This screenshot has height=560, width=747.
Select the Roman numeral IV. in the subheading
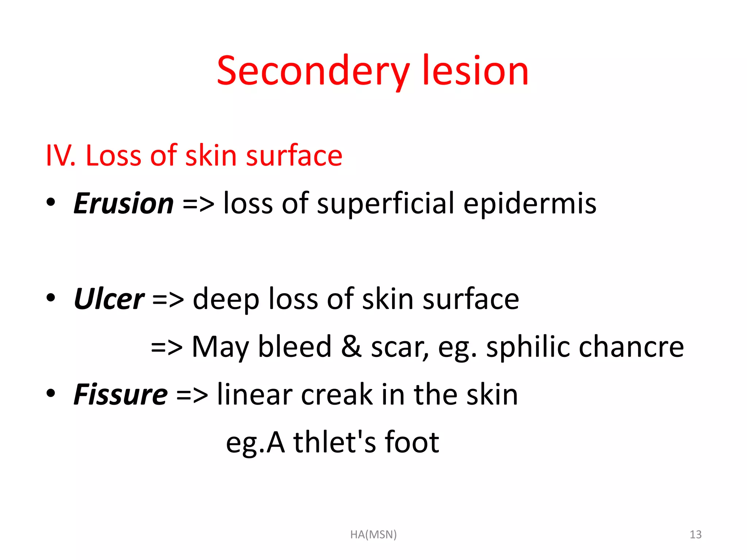[x=61, y=156]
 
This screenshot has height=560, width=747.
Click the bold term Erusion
[x=124, y=203]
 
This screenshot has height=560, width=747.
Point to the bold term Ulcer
[x=109, y=299]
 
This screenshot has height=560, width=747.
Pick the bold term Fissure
[x=121, y=394]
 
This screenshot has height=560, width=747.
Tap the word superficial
[x=386, y=203]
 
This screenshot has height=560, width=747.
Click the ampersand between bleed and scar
[x=351, y=346]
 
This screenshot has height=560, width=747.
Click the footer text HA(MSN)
[x=373, y=534]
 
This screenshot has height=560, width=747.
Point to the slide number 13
[x=696, y=534]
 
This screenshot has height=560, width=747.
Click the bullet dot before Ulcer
[x=51, y=297]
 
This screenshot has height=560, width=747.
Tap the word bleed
[x=295, y=346]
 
